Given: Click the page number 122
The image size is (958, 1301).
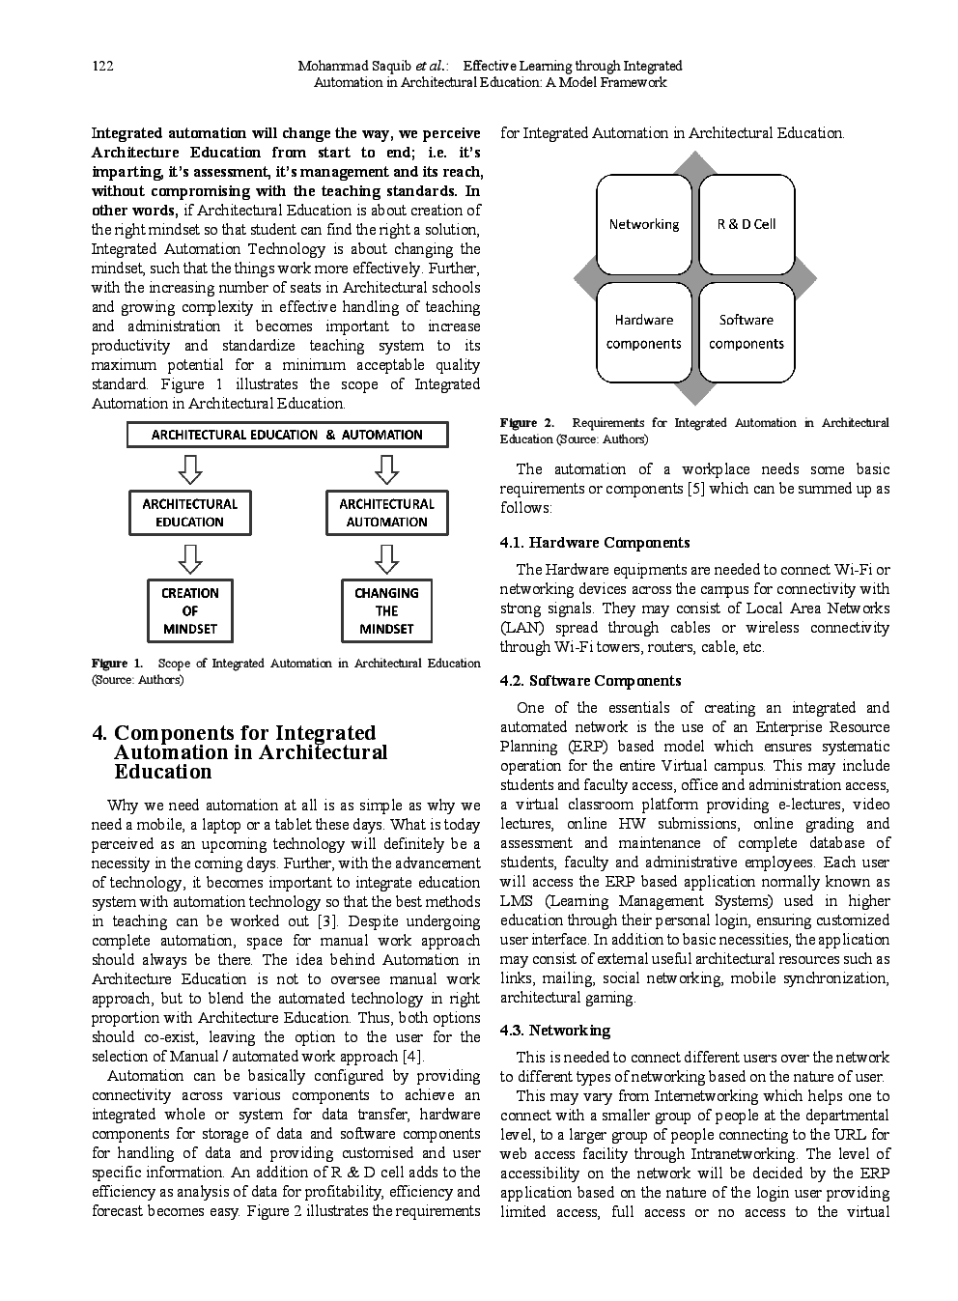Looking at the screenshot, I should pos(102,66).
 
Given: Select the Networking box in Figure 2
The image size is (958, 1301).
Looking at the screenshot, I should pos(643,225).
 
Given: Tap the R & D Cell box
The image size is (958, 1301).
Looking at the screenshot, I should pos(747,225).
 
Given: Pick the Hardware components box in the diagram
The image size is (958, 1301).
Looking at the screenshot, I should pos(643,332).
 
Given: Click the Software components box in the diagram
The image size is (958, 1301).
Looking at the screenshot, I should pos(747,332).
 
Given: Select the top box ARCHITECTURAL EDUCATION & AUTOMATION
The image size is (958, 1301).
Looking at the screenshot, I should pos(287,435).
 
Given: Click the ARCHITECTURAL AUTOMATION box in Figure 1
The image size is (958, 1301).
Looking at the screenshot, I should pos(386,513).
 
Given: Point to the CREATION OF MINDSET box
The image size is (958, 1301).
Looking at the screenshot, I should pos(190,610).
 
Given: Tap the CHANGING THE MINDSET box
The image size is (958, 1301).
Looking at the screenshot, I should pos(386,610).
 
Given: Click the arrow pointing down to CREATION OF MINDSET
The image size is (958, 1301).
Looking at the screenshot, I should pos(190,557).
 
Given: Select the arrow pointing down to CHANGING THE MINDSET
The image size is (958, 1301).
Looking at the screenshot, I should pos(386,557).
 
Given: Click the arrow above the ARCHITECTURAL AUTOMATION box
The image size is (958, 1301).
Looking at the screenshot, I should pos(386,469).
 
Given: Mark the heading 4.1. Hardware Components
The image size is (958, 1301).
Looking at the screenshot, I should pos(595,543).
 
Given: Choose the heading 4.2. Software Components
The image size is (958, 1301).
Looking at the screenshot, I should pos(590,681).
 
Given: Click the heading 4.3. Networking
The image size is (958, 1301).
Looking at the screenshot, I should pos(555,1031).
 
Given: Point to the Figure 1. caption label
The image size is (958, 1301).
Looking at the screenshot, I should pos(117,664).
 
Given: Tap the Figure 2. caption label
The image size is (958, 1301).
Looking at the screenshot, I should pos(526,423).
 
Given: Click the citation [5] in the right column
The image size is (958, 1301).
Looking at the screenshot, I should pos(695,489).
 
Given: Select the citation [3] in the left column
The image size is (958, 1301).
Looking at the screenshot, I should pos(326,921).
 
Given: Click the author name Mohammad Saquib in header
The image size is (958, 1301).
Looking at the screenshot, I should pos(354,66).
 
